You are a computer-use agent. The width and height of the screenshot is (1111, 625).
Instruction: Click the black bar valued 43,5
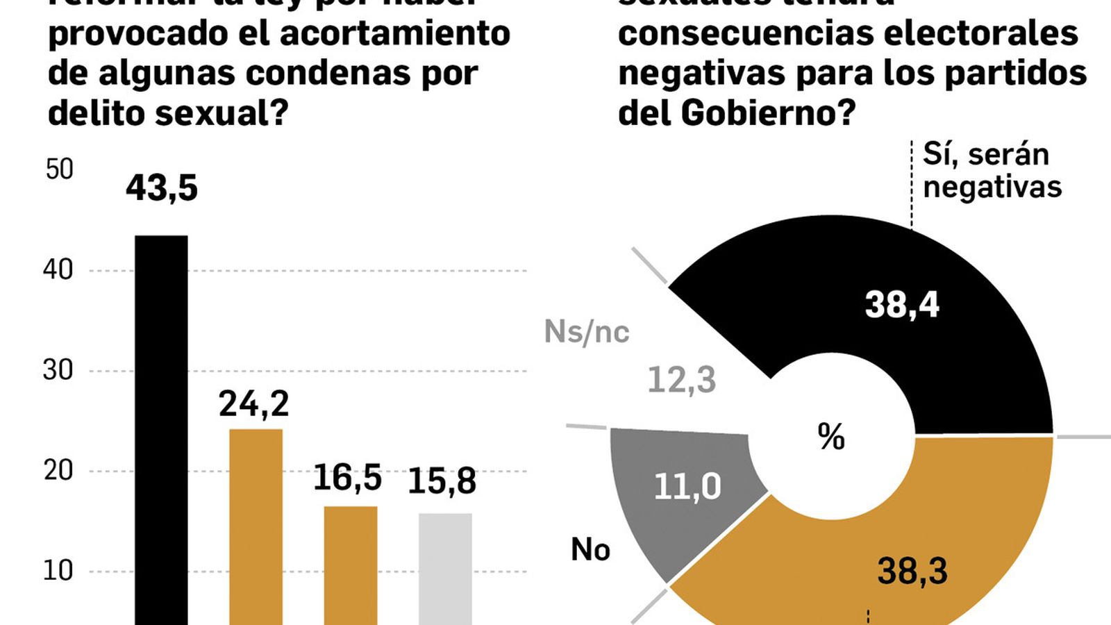(x=161, y=431)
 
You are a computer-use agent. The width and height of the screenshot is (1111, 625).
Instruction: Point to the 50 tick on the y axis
(x=59, y=169)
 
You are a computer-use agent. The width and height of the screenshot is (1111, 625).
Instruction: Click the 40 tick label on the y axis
(x=58, y=270)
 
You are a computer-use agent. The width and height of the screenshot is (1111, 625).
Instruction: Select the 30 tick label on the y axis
(x=58, y=370)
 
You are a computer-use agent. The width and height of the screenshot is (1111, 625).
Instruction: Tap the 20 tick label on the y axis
(x=58, y=471)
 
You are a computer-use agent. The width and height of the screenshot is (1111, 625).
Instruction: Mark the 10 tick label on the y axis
(x=58, y=571)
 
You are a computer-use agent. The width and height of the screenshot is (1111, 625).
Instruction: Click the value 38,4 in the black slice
(x=902, y=305)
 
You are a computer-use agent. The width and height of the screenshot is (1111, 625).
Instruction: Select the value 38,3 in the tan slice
(x=912, y=572)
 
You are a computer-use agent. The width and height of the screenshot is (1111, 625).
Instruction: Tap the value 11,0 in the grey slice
(x=687, y=487)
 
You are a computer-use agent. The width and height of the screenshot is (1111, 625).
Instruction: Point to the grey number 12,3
(x=681, y=381)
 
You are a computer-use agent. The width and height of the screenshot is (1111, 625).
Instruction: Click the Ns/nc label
(x=587, y=332)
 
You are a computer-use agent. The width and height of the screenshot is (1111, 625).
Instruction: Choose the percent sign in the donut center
(x=831, y=437)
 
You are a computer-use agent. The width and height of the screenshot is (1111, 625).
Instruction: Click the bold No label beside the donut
(x=590, y=550)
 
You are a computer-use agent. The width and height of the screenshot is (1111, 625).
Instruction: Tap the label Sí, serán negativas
(x=992, y=171)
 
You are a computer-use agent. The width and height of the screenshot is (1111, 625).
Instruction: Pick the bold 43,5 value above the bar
(x=162, y=188)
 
